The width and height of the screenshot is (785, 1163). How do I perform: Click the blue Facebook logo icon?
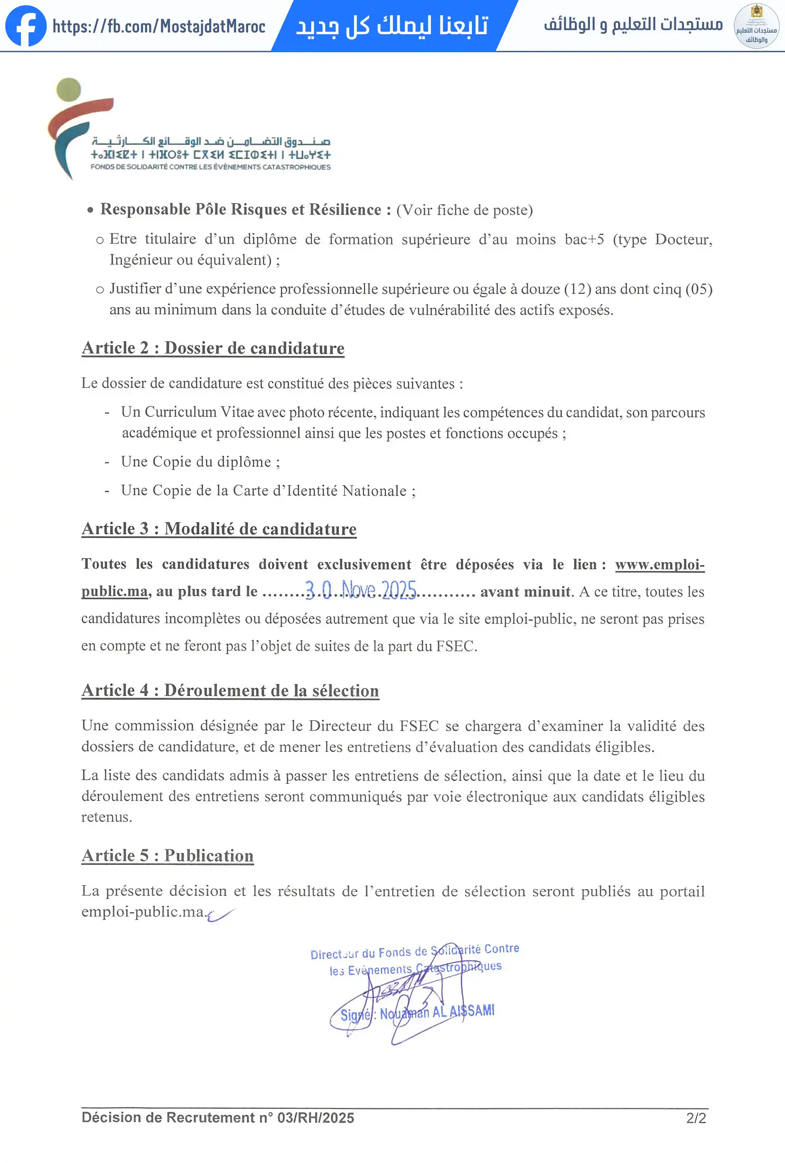click(x=26, y=26)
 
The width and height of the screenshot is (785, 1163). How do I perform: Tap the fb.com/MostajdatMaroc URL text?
click(x=159, y=27)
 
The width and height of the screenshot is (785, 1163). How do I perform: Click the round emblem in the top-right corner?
click(x=756, y=26)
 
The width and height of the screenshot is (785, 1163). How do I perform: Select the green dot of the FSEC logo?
click(x=68, y=90)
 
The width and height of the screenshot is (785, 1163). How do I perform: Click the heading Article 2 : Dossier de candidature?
click(x=213, y=348)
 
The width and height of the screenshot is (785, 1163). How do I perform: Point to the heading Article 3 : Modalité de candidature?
click(x=219, y=529)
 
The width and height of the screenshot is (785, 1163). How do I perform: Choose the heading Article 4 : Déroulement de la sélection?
click(x=230, y=691)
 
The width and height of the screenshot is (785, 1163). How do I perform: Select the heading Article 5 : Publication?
click(x=167, y=856)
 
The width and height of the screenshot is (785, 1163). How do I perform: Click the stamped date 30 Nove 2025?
click(x=360, y=590)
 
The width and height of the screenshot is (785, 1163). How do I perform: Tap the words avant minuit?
click(x=525, y=592)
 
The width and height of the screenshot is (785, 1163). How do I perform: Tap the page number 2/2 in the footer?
click(x=696, y=1118)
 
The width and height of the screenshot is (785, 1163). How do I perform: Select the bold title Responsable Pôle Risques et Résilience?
click(x=240, y=209)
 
